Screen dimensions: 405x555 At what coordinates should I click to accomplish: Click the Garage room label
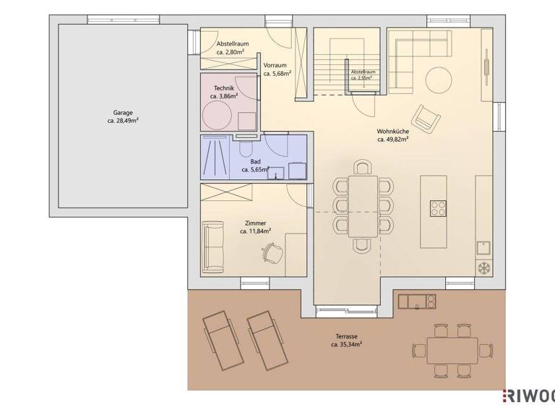(x=122, y=113)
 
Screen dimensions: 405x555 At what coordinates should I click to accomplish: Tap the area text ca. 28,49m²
(x=122, y=121)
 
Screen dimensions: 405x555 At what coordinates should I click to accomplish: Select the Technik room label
(x=224, y=88)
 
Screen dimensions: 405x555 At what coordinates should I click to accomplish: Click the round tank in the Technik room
(x=218, y=115)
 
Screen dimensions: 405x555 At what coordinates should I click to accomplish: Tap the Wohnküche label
(x=392, y=132)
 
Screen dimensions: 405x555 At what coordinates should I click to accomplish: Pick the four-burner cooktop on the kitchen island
(x=439, y=208)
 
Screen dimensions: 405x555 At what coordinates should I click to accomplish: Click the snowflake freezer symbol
(x=483, y=267)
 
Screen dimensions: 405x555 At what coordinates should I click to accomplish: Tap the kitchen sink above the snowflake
(x=483, y=247)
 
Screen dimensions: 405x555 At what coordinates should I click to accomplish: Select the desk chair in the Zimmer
(x=272, y=252)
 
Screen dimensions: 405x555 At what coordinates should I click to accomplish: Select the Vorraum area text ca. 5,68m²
(x=277, y=73)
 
